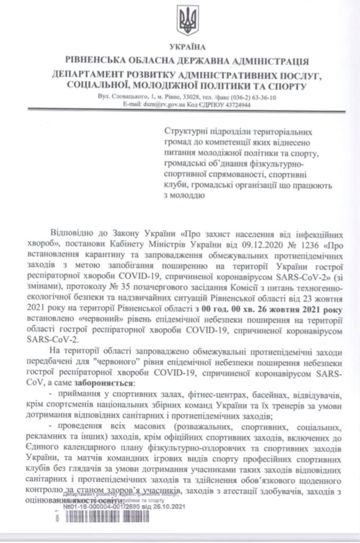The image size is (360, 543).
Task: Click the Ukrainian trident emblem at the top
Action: click(x=188, y=21)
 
